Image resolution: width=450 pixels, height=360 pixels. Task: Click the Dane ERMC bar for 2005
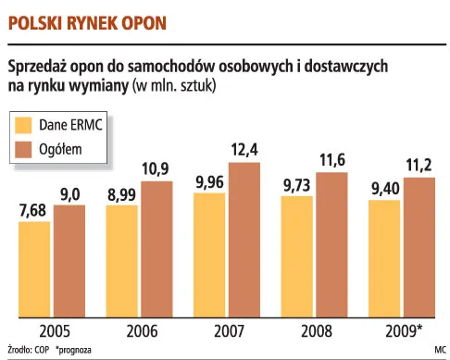[36, 273]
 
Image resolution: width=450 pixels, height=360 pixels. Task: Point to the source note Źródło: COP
[26, 350]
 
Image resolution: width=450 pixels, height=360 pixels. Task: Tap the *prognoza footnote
[76, 350]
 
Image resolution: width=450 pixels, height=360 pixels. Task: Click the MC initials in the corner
[438, 350]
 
